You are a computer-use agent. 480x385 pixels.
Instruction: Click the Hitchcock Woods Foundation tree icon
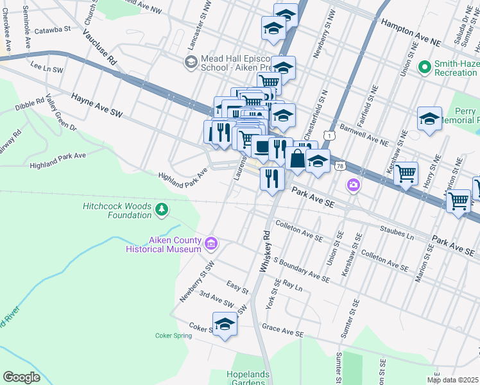162,209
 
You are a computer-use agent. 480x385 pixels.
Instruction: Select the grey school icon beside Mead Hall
191,62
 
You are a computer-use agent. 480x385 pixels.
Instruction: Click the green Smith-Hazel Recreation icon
424,67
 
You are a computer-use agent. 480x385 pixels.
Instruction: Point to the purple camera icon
353,186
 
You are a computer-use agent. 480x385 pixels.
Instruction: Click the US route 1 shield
329,135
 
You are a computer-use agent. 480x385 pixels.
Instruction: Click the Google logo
21,377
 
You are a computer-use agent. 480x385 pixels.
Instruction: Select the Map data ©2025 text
453,380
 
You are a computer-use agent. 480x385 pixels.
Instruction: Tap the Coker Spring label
173,335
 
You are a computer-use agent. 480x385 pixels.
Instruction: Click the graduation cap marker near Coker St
225,325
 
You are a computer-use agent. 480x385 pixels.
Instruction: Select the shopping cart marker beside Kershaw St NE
406,173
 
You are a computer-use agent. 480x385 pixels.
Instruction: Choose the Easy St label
237,287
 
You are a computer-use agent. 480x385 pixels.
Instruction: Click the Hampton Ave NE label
411,31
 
